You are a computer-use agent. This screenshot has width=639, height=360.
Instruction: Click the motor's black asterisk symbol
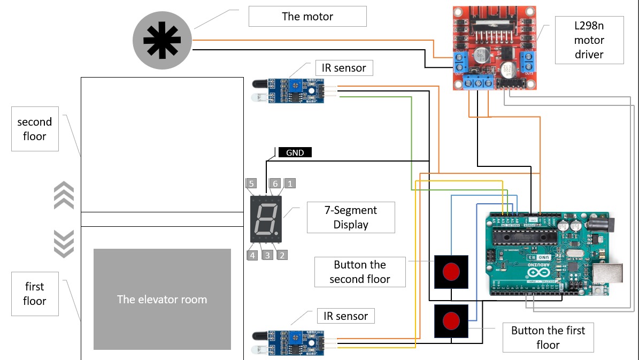[162, 40]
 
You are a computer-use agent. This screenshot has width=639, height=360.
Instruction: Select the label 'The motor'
[307, 17]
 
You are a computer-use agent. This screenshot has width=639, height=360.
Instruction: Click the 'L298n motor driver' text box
[589, 40]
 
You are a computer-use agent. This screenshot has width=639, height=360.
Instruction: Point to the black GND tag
[295, 152]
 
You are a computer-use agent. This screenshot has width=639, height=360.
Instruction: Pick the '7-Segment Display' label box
[351, 217]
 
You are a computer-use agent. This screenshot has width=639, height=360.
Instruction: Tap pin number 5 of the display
[251, 183]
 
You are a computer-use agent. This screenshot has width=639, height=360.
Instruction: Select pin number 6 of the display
[275, 183]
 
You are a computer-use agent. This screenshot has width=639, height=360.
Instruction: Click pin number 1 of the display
[289, 183]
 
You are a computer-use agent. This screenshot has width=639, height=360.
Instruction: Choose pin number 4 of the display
[252, 255]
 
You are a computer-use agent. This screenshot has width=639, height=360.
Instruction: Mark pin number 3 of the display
[267, 255]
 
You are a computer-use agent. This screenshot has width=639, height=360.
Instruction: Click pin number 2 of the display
[282, 255]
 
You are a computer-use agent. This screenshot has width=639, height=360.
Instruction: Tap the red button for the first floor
[451, 321]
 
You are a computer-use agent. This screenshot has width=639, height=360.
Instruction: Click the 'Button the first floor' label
[548, 337]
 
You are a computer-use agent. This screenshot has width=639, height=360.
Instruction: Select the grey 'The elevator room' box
[162, 300]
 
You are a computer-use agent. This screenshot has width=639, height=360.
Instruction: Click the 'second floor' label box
[35, 129]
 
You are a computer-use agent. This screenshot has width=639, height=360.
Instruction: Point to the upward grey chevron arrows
[64, 195]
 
